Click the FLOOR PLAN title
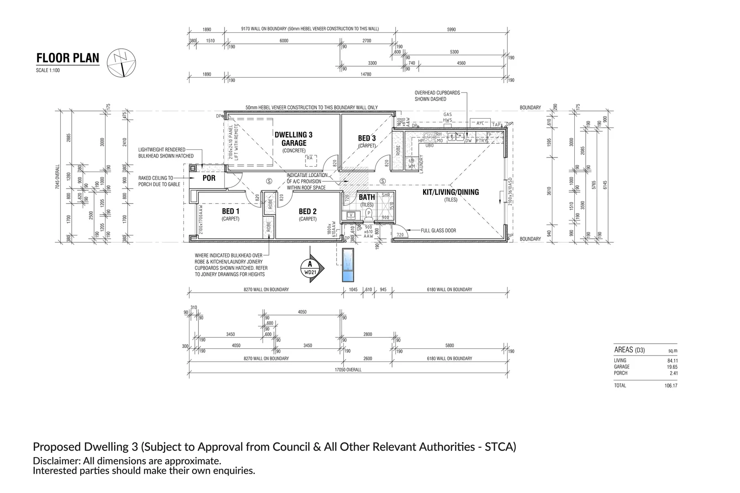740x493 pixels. [x=68, y=58]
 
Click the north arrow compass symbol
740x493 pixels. [x=122, y=62]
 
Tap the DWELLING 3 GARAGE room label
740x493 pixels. [x=294, y=139]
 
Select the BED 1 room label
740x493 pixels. [x=231, y=211]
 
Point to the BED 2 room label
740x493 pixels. [x=308, y=211]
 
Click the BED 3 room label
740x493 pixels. [x=367, y=138]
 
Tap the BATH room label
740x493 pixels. [x=367, y=197]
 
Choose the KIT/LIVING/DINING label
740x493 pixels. [x=451, y=192]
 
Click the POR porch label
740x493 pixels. [x=209, y=178]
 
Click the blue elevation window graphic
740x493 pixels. [x=348, y=266]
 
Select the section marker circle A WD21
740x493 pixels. [x=310, y=268]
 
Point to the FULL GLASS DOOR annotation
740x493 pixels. [x=438, y=231]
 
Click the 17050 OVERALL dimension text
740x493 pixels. [x=347, y=370]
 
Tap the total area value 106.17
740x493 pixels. [x=671, y=386]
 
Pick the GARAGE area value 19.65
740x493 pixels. [x=672, y=367]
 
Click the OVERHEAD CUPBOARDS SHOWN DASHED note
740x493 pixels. [x=437, y=96]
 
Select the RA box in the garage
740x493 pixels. [x=310, y=158]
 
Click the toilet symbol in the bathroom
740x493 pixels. [x=369, y=214]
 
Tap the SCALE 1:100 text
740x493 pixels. [x=48, y=70]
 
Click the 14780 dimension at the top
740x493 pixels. [x=366, y=74]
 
